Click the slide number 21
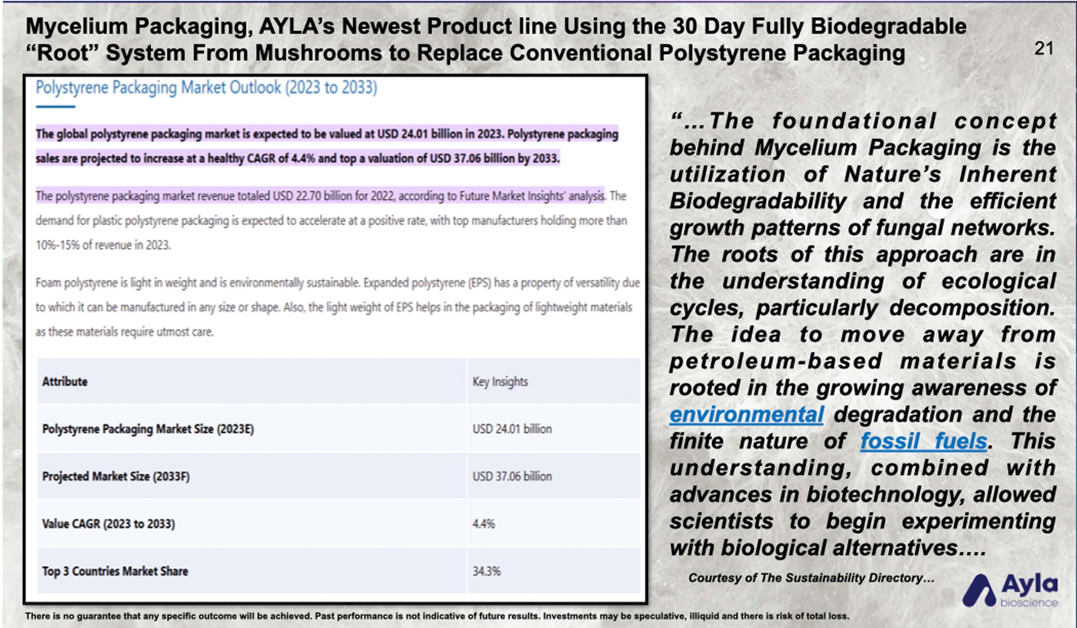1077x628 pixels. coord(1044,48)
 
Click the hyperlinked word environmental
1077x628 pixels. coord(747,415)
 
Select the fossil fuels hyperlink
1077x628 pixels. coord(924,441)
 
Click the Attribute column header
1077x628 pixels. coord(65,381)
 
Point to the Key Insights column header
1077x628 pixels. coord(500,382)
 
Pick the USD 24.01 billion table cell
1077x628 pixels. coord(512,429)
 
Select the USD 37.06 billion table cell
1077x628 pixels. coord(512,476)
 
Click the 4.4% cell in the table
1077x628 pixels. coord(484,524)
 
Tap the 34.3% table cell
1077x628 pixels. coord(487,571)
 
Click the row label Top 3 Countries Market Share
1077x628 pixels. coord(115,571)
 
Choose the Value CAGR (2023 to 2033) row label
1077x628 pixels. coord(109,524)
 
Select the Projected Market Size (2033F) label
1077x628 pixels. coord(116,476)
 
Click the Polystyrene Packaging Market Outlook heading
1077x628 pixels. coord(206,87)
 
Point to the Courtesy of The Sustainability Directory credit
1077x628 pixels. coord(812,578)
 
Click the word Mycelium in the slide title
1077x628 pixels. coord(77,27)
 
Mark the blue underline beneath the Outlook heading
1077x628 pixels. coord(55,106)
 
